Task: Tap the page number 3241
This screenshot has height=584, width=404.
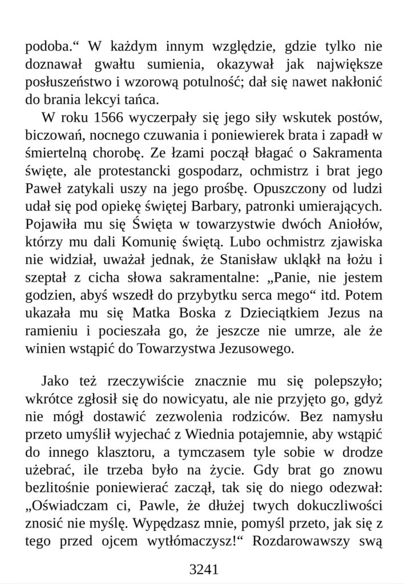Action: [202, 569]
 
